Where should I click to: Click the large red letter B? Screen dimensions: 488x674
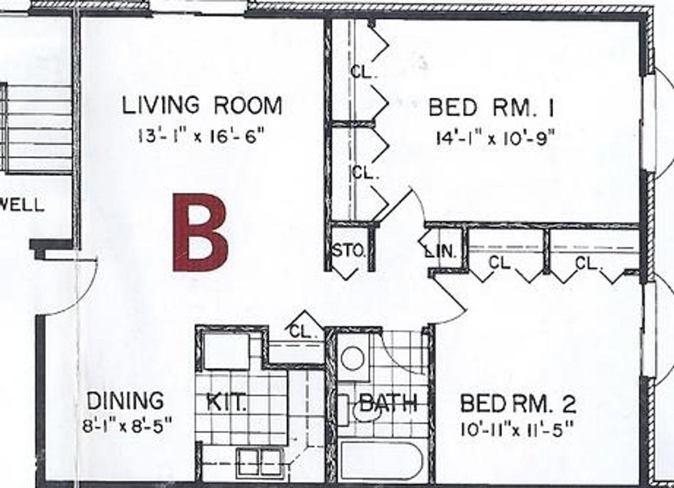[x=201, y=233]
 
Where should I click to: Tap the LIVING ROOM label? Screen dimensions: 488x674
[x=202, y=105]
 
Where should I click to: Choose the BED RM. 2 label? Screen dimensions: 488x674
[x=518, y=404]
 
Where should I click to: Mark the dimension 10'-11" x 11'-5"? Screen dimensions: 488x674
[x=516, y=429]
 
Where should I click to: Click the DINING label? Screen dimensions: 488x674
[x=125, y=401]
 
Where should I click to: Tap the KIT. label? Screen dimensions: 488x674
[x=226, y=403]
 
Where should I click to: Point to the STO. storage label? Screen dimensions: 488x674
[x=348, y=251]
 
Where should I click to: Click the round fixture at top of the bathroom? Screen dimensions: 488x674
[x=353, y=359]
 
